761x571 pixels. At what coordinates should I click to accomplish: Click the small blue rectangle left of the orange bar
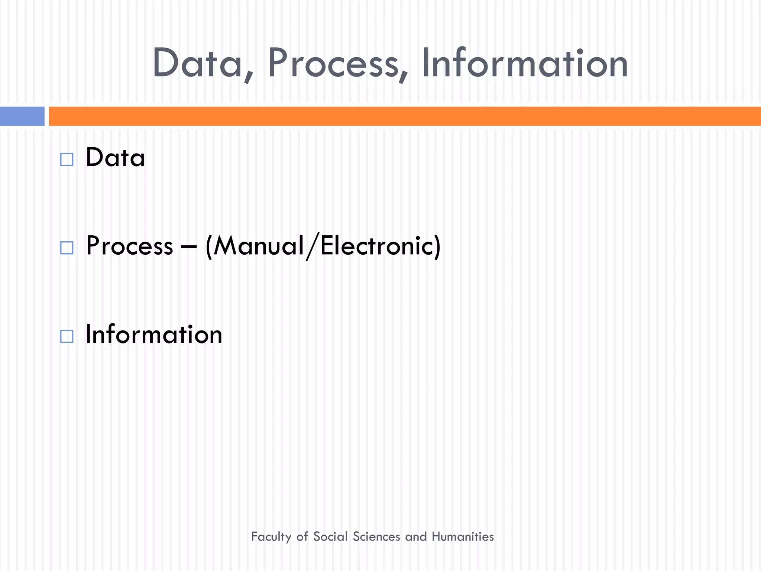(x=22, y=116)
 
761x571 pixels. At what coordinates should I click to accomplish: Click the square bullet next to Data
(x=67, y=159)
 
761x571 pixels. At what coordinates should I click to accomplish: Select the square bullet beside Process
(x=67, y=248)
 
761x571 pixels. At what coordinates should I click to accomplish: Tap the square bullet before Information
(x=67, y=336)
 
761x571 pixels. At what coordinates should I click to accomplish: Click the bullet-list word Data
(x=115, y=158)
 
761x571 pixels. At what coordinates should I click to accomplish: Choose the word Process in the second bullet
(x=130, y=246)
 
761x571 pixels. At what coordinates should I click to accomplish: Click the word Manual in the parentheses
(x=259, y=246)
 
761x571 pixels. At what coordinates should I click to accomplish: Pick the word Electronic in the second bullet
(x=375, y=246)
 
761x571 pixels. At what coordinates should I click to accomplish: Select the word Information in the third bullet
(x=154, y=334)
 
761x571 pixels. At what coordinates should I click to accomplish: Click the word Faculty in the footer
(x=271, y=537)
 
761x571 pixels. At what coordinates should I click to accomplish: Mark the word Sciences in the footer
(x=376, y=536)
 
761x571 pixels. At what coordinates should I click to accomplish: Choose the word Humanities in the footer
(x=463, y=536)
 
